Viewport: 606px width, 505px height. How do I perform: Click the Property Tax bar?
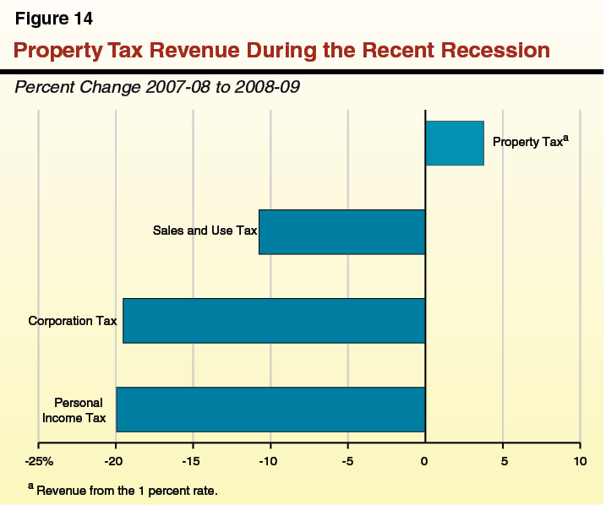coord(454,143)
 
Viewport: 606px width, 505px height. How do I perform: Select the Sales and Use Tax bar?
coord(341,231)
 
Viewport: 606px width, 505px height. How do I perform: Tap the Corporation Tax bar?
coord(274,320)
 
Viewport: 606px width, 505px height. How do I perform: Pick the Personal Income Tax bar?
coord(270,409)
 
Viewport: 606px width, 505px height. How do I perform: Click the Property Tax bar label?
coord(530,142)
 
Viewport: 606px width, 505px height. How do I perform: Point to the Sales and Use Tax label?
coord(204,230)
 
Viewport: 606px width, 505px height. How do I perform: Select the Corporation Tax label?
coord(73,321)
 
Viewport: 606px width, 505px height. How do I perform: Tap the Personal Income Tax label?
coord(79,410)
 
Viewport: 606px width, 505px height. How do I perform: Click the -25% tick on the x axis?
coord(39,461)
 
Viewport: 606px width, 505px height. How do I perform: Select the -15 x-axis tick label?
coord(192,461)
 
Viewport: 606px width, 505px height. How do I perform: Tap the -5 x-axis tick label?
coord(347,461)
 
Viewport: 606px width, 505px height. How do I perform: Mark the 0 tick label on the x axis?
coord(425,461)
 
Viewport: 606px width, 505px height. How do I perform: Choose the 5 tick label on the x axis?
coord(503,461)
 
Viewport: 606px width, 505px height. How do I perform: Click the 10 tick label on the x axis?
coord(580,461)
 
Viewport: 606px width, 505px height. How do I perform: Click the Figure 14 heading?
coord(54,19)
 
